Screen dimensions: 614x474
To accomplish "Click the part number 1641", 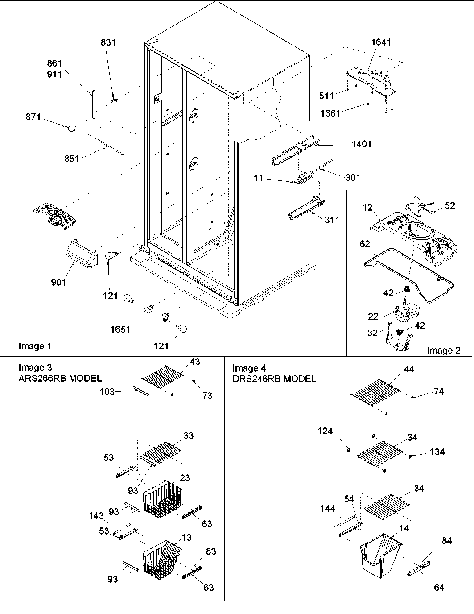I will click(x=381, y=42).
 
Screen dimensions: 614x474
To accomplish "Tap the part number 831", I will click(x=108, y=42).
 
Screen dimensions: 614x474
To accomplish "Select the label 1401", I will click(x=361, y=144).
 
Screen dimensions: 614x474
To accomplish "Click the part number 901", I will click(x=58, y=282).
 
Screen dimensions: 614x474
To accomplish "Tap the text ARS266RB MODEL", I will click(x=60, y=379).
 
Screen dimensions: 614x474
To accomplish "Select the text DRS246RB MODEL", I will click(x=274, y=379).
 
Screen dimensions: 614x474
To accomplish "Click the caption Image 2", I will click(x=443, y=351).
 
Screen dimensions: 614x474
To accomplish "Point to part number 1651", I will click(x=120, y=330).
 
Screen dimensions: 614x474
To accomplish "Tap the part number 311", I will click(x=332, y=220).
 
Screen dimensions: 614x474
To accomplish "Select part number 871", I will click(x=33, y=117).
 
